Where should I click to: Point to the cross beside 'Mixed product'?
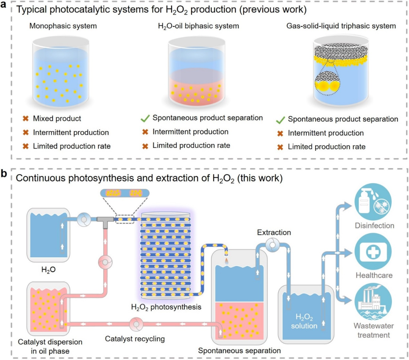[26, 119]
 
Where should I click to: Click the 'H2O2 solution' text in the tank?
[307, 321]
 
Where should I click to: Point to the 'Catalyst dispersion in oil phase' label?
[45, 346]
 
